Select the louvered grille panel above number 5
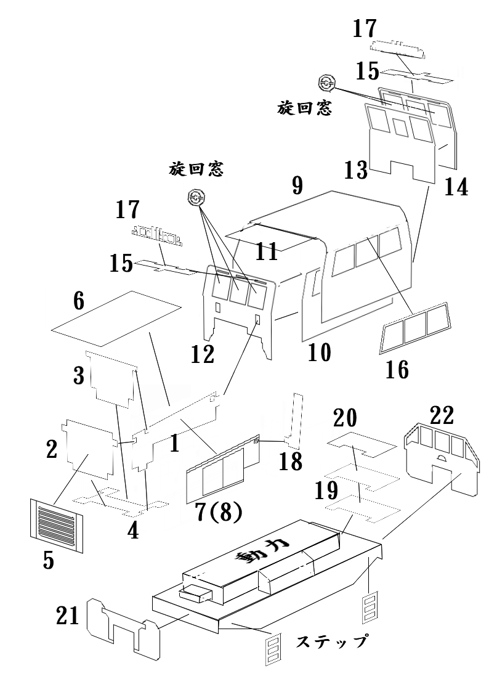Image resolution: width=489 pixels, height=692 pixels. click(55, 525)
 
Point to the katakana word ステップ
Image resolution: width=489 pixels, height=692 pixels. click(332, 641)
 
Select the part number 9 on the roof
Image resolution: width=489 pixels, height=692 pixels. click(297, 185)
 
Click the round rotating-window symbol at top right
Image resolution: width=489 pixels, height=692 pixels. click(326, 83)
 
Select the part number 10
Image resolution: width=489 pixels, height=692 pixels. click(319, 352)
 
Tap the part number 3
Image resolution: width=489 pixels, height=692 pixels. click(79, 375)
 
